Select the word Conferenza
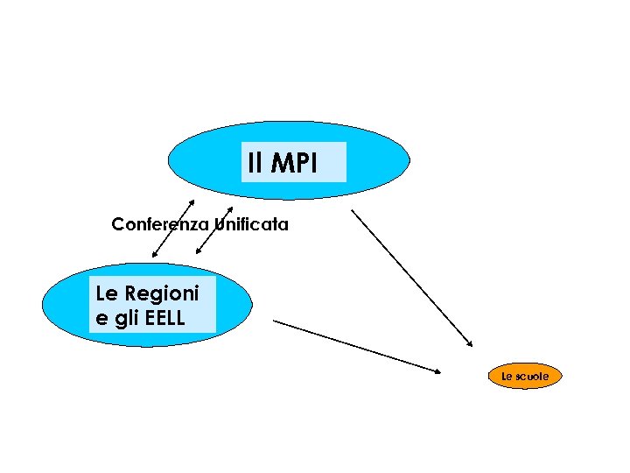pos(160,224)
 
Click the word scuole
pos(532,377)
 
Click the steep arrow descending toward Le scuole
pos(411,277)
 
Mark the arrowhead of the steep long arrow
pos(470,344)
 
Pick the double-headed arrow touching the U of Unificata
pos(214,230)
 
